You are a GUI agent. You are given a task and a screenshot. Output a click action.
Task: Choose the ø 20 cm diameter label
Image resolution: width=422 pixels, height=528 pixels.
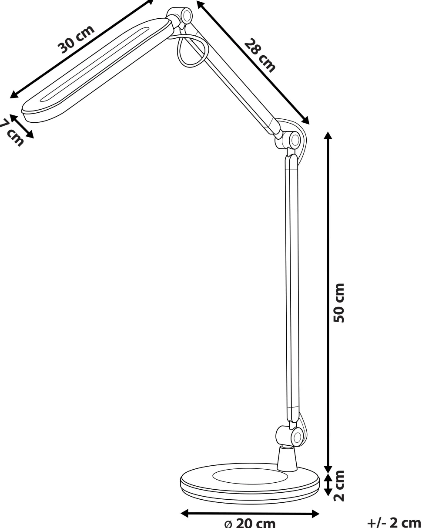(x=250, y=522)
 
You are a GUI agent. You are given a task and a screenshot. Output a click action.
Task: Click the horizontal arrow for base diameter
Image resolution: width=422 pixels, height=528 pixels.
(x=250, y=514)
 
